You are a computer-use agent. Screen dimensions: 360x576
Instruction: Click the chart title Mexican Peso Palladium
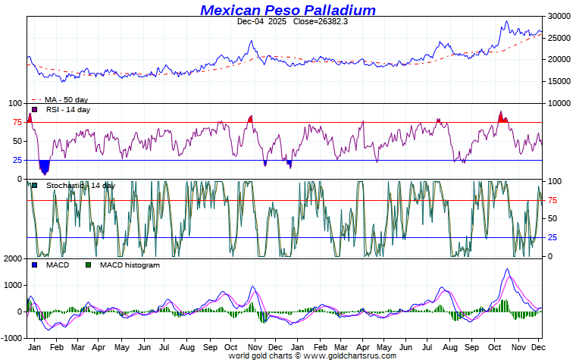point(288,10)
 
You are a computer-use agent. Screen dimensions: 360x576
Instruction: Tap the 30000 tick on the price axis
point(559,16)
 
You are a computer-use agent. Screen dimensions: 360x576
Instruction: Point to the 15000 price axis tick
point(559,81)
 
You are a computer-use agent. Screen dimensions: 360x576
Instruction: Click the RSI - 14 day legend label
point(68,110)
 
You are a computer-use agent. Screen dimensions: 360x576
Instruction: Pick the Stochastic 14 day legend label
point(80,186)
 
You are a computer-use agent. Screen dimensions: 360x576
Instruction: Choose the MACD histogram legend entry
point(130,265)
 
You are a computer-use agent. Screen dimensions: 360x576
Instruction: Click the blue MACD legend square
point(34,265)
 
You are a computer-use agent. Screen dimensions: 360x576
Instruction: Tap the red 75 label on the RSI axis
point(17,122)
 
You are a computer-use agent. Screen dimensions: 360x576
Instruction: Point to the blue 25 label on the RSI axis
point(17,160)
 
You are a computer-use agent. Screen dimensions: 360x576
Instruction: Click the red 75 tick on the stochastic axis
point(553,200)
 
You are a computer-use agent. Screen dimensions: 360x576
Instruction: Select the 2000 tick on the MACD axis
point(13,259)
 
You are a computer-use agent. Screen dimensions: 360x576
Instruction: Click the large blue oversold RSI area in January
point(44,166)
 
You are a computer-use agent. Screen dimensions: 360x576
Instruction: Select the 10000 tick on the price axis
point(559,103)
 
